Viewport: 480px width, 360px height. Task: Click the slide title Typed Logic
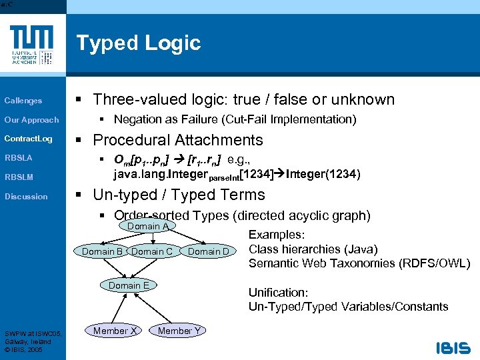pos(138,43)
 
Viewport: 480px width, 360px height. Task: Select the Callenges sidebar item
pos(23,101)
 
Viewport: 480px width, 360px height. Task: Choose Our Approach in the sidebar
pos(31,120)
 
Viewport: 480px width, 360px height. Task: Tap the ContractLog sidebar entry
pos(28,139)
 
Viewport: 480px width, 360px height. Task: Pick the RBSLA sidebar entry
pos(19,158)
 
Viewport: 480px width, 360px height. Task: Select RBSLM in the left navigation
pos(19,177)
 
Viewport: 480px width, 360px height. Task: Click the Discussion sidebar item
pos(26,197)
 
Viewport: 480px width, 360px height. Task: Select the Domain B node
pos(102,251)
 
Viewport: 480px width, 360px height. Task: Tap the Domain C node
pos(152,251)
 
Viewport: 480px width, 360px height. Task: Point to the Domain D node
pos(208,251)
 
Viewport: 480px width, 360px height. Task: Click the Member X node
pos(115,331)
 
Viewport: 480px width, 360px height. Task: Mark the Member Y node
pos(179,331)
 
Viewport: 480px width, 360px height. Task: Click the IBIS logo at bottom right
pos(453,348)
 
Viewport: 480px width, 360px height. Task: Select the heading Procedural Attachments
pos(178,140)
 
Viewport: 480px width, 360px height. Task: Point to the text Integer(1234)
pos(323,175)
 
